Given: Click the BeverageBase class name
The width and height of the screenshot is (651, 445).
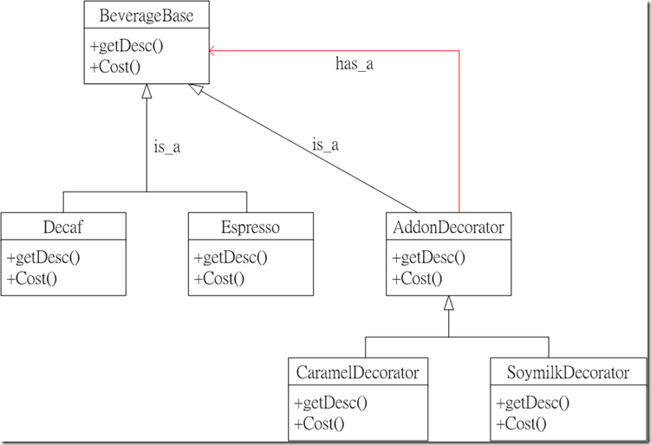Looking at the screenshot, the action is (146, 16).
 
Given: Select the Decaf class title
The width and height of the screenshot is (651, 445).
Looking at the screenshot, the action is (63, 227).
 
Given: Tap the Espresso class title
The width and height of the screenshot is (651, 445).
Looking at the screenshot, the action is (251, 228).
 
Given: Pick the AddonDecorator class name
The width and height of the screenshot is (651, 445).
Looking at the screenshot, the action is (448, 227).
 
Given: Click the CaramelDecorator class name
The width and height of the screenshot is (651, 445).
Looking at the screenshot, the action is (357, 372).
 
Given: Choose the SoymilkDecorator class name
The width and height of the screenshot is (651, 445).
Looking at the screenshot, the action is (568, 372).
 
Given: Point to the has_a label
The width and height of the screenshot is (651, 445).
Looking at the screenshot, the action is (355, 64).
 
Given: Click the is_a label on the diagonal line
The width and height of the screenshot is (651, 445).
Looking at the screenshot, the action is (326, 145).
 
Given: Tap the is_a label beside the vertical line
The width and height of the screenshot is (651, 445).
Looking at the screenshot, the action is (167, 147).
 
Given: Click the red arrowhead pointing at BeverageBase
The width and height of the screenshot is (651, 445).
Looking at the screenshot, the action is (212, 51).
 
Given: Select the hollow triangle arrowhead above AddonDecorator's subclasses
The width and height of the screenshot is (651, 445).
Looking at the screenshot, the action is (448, 303).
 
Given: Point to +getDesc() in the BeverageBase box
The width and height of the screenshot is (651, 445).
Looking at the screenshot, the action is (127, 46).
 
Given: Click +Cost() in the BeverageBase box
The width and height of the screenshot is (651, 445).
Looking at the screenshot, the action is (115, 67).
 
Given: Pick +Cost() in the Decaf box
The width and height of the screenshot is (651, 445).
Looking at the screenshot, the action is (32, 278).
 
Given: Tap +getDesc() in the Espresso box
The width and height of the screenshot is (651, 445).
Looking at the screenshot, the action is (231, 258).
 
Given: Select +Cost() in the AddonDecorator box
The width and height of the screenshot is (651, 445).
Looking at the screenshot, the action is (417, 278).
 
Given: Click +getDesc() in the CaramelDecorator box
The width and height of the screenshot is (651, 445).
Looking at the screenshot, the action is (330, 403).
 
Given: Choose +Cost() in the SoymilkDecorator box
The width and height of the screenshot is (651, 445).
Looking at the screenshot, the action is (521, 424).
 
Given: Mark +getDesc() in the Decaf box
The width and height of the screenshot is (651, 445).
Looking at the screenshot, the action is (43, 258).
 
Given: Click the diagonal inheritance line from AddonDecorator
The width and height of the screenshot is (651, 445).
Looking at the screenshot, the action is (303, 148).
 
